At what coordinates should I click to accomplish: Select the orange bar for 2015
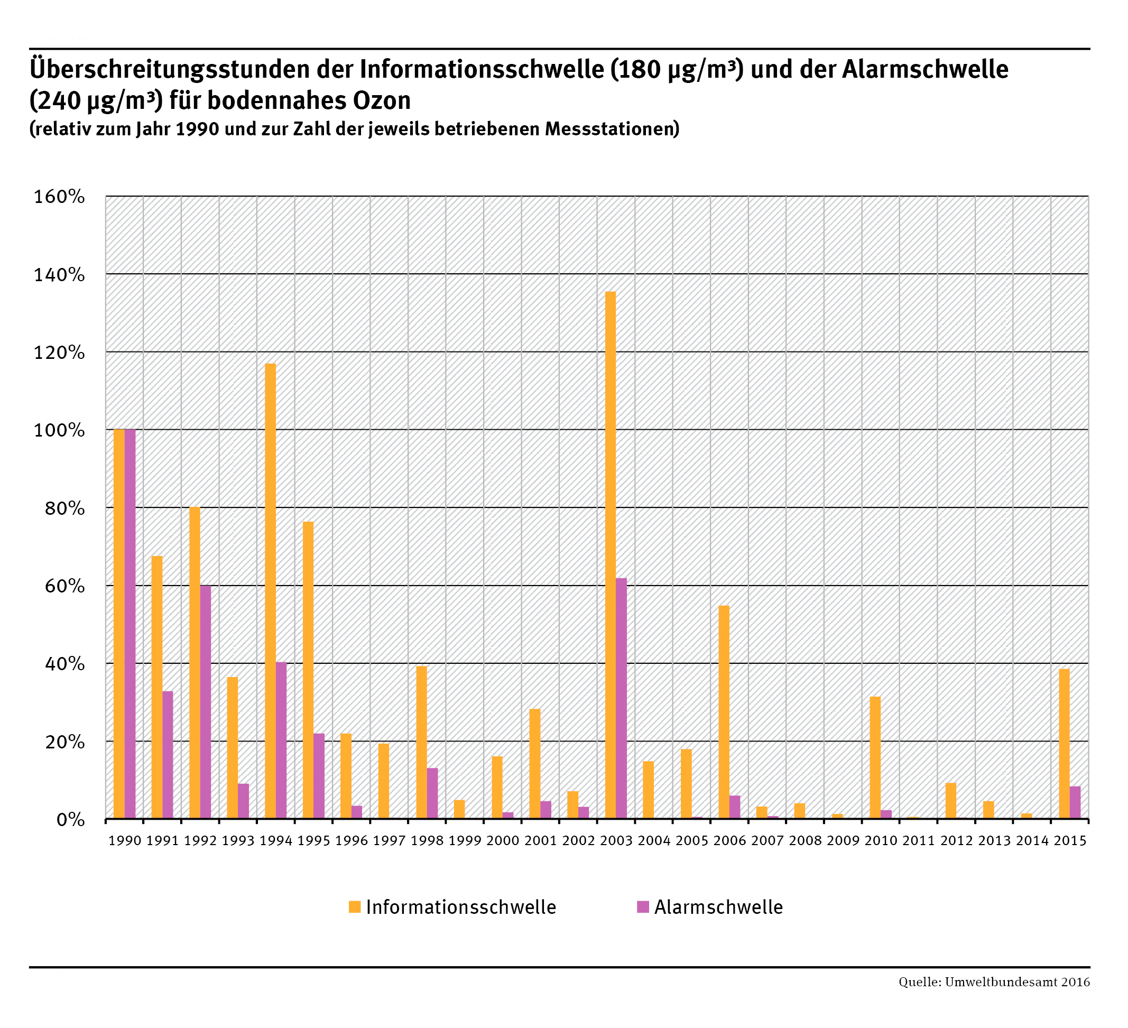tap(1064, 744)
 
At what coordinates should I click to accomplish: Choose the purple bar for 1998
tap(432, 793)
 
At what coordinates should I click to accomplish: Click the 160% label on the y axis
tap(59, 197)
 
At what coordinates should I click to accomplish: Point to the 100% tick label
tap(59, 430)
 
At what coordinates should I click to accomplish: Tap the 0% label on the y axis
tap(70, 820)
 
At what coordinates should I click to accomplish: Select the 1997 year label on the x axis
tap(389, 840)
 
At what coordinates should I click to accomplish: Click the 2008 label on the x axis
tap(805, 840)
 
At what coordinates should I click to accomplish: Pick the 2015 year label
tap(1070, 840)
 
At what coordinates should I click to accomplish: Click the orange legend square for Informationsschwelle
tap(354, 906)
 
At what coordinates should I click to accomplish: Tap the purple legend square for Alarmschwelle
tap(643, 906)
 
